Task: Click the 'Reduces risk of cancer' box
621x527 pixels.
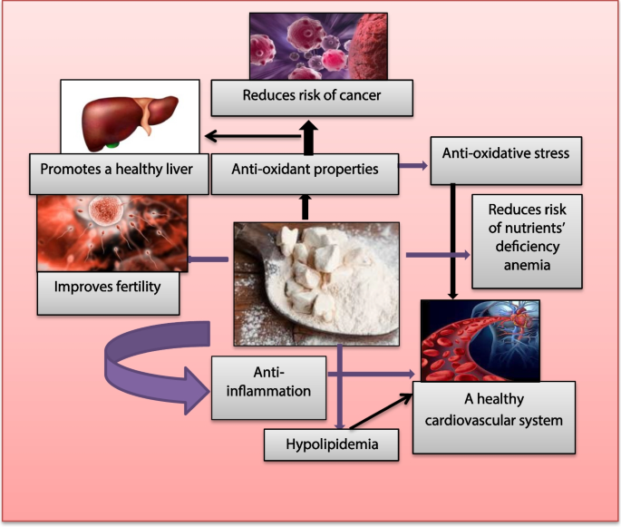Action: (312, 95)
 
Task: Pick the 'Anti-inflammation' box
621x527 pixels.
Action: (268, 386)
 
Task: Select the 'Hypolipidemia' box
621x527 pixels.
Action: (331, 444)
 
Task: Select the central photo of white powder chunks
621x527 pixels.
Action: (318, 283)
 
